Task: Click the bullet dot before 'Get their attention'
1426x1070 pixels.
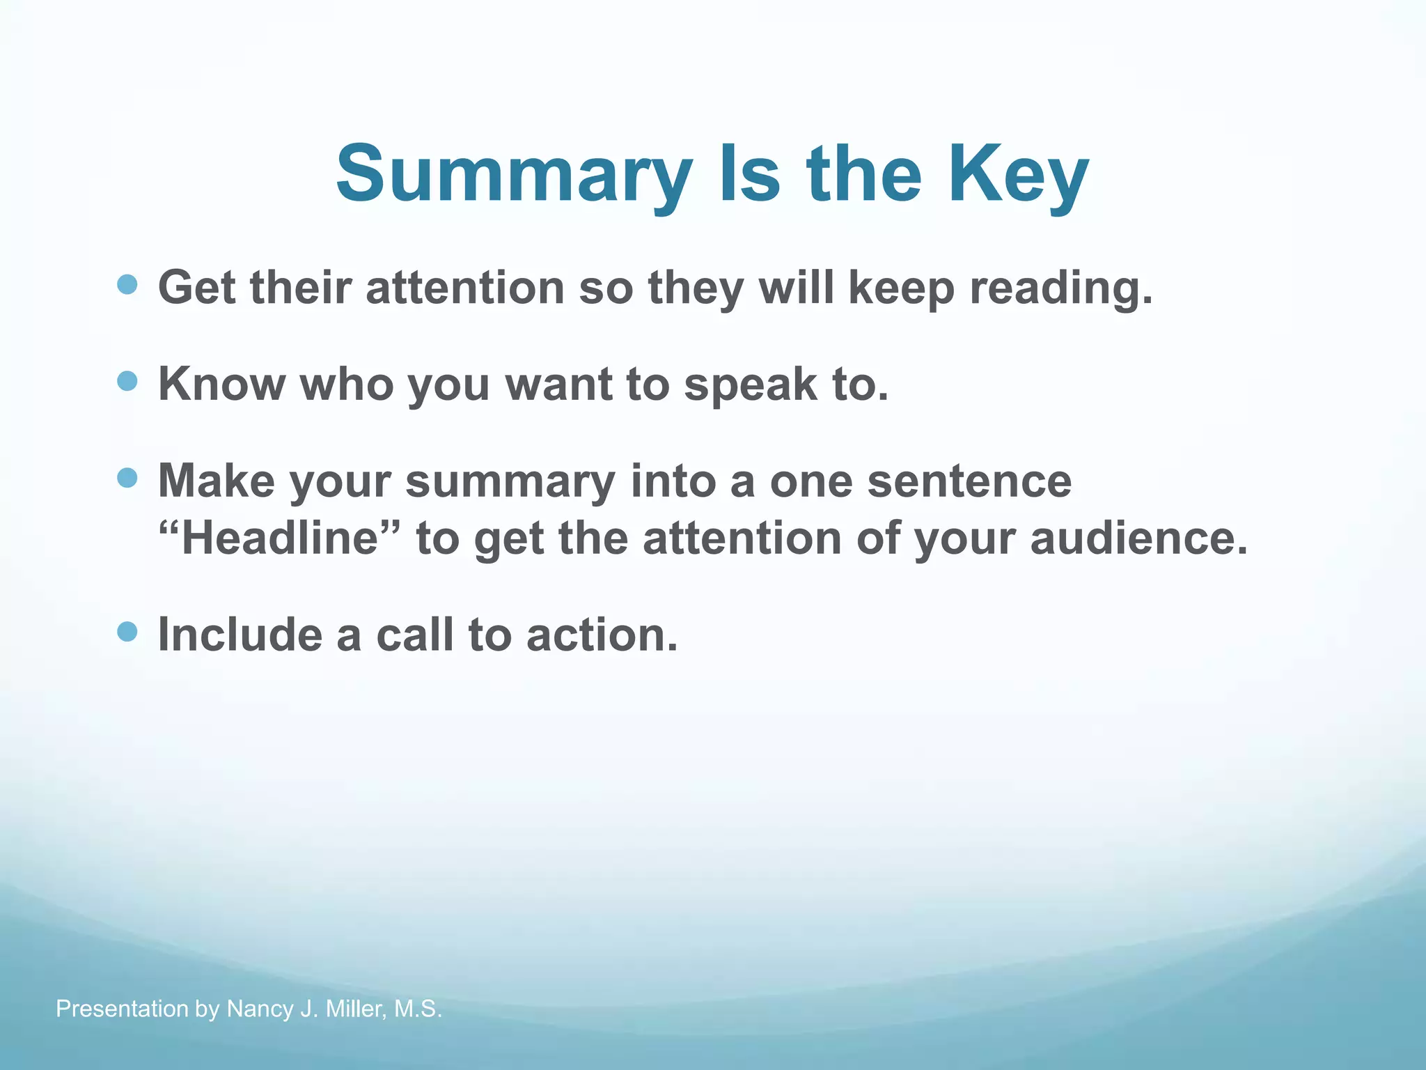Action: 127,284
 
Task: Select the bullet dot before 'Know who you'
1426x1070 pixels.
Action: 127,381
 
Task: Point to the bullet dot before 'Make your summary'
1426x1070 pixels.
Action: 127,478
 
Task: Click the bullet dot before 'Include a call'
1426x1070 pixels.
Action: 127,632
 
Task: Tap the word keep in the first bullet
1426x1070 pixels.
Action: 901,288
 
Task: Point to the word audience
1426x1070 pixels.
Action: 1138,538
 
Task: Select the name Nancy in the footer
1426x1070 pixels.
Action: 260,1009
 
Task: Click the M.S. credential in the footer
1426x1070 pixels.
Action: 418,1009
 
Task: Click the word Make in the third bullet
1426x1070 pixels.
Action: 216,481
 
